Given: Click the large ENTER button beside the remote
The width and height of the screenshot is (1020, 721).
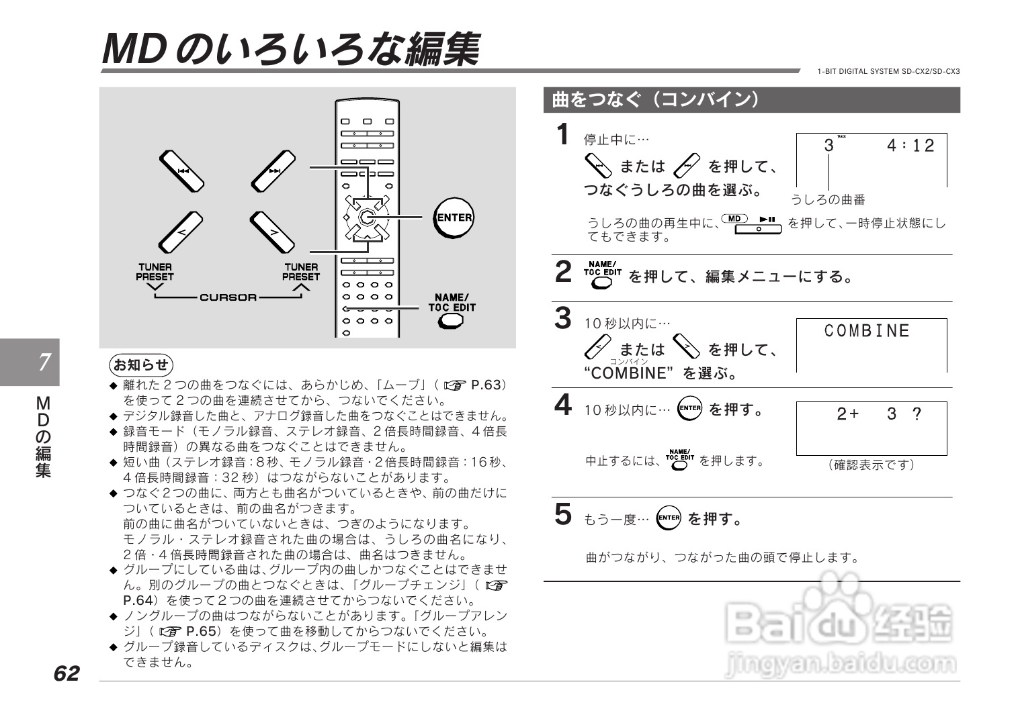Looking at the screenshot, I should [x=454, y=218].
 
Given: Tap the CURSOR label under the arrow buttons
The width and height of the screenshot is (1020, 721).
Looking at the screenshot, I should [x=228, y=297].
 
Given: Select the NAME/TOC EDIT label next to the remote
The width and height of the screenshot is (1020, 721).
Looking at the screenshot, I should [x=452, y=303].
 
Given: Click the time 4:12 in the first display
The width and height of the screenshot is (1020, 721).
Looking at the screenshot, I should [x=910, y=146].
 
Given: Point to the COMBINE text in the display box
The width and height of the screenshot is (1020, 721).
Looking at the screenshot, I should [x=867, y=331].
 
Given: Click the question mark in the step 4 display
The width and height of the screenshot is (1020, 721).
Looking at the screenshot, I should [x=917, y=414].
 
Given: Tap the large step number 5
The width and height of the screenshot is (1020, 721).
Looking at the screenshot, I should [x=563, y=514].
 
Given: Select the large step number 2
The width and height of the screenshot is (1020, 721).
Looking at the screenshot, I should [x=563, y=272].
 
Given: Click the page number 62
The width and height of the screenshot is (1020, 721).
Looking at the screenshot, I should [x=67, y=673].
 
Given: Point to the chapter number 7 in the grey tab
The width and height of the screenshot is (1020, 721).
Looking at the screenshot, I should [x=44, y=363].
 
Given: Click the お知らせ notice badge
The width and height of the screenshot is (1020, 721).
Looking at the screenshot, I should [x=141, y=365].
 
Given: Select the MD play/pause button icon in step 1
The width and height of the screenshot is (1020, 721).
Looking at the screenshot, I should [x=751, y=224].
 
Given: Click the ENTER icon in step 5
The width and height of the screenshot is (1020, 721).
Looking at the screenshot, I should [x=669, y=518].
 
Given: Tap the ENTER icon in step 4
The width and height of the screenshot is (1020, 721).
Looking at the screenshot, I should [x=689, y=408].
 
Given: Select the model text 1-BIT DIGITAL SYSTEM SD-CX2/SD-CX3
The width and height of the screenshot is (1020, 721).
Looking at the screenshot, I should [x=888, y=71].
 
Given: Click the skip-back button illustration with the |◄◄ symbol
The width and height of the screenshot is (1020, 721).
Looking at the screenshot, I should [x=181, y=171].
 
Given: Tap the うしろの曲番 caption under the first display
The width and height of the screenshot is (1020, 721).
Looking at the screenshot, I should [x=827, y=199].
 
